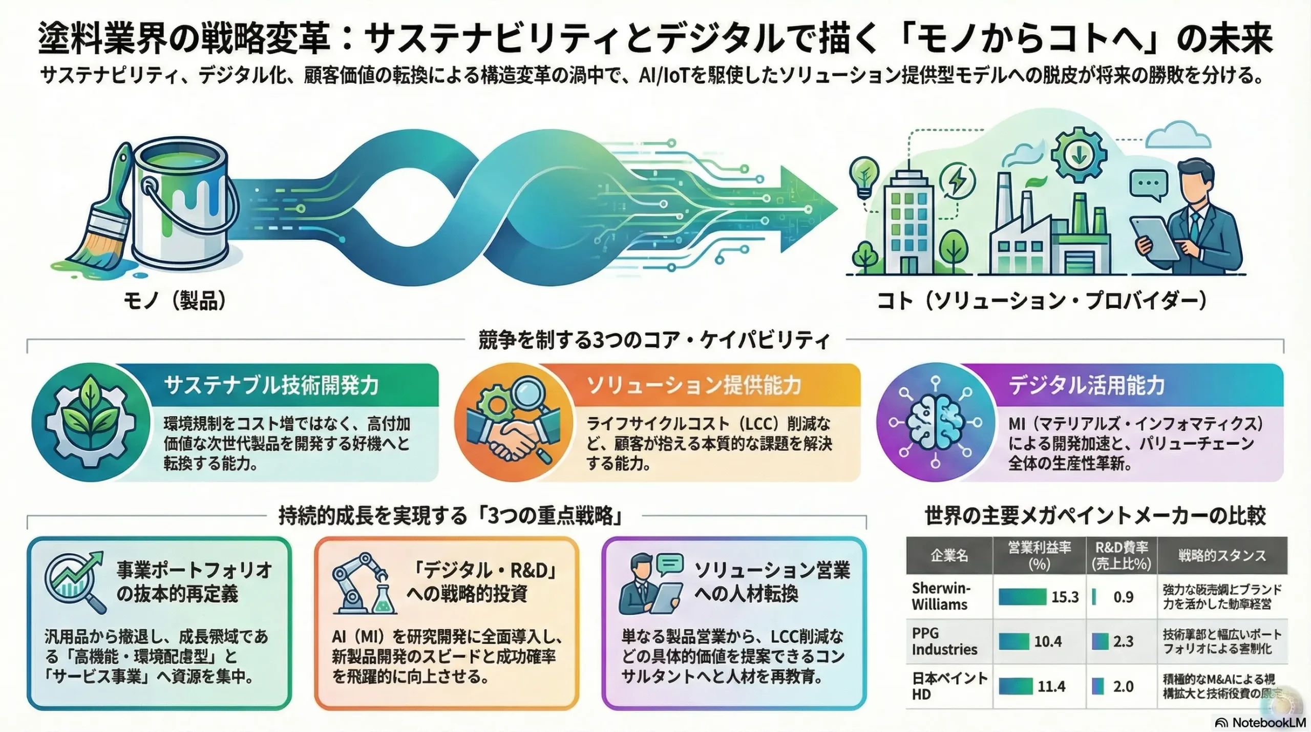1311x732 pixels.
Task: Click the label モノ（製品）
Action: click(x=175, y=301)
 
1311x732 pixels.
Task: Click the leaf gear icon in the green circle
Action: click(x=91, y=423)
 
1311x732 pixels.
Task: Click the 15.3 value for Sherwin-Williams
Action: click(x=1065, y=597)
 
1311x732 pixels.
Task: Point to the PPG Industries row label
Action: click(x=944, y=641)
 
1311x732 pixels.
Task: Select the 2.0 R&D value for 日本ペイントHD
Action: click(x=1123, y=686)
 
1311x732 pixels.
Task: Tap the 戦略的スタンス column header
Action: click(x=1222, y=556)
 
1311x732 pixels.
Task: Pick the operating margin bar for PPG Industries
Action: click(x=1013, y=641)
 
